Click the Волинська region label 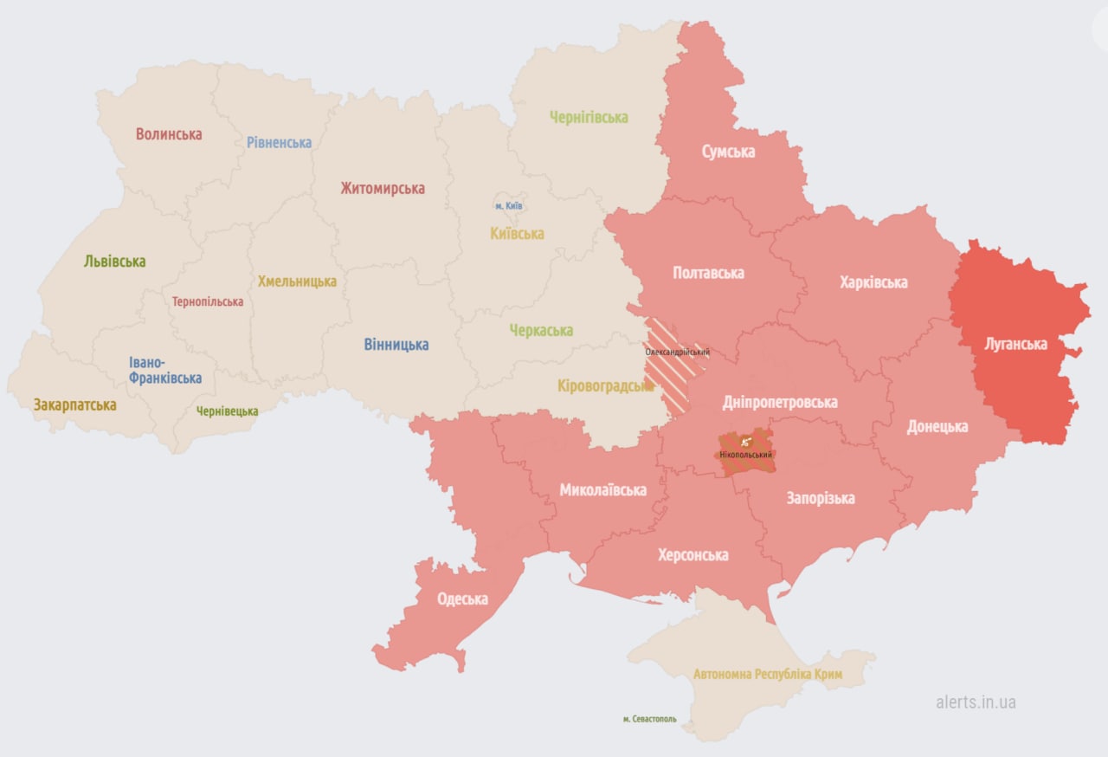[x=169, y=134]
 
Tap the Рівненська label [x=279, y=142]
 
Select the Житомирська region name [x=383, y=188]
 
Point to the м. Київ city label [x=508, y=205]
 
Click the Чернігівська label [x=589, y=117]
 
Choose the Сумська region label [x=727, y=152]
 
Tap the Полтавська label [x=708, y=273]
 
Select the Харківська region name [x=873, y=282]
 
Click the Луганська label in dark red [x=1015, y=344]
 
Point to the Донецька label [x=937, y=426]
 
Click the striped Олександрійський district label [x=677, y=353]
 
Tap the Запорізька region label [x=820, y=498]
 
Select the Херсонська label [x=692, y=554]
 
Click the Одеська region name [x=462, y=598]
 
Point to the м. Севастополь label [x=649, y=719]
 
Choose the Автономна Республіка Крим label [x=768, y=674]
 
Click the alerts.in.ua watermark [x=976, y=702]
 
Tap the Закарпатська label [x=74, y=404]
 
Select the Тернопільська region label [x=208, y=302]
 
